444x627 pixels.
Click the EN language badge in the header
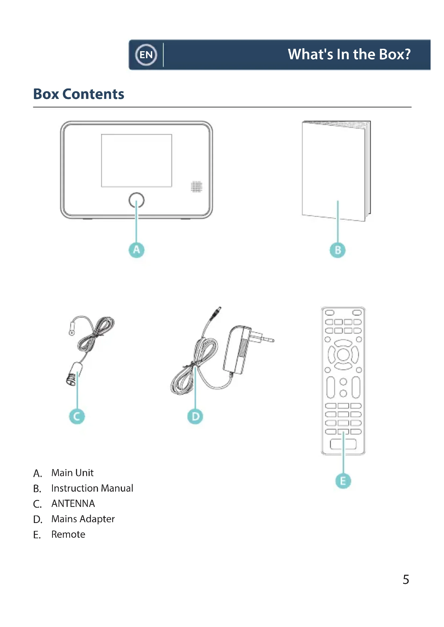coord(146,55)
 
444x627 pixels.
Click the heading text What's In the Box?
coord(349,54)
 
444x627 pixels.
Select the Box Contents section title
coord(78,94)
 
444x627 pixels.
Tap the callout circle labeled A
coord(136,250)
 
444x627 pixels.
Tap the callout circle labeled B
coord(338,250)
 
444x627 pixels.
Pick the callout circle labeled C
coord(77,416)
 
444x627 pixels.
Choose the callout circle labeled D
coord(195,416)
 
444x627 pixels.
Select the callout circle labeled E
coord(343,481)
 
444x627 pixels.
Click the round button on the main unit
coord(136,200)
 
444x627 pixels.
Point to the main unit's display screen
coord(136,161)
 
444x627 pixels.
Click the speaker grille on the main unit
coord(196,187)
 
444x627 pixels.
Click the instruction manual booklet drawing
coord(335,169)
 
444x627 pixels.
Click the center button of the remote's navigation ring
coord(343,354)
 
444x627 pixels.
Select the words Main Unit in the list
coord(72,473)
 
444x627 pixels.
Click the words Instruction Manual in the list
coord(92,488)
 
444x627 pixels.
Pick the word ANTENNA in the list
coord(73,504)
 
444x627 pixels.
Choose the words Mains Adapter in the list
coord(83,519)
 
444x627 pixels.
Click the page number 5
coord(406,580)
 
